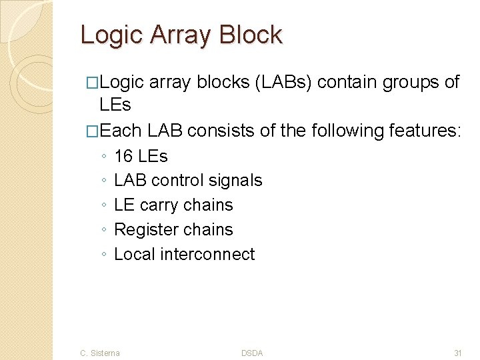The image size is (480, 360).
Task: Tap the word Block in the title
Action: (251, 35)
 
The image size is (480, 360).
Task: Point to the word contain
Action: (347, 82)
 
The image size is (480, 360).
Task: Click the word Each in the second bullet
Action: (121, 131)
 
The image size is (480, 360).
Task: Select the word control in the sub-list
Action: (180, 181)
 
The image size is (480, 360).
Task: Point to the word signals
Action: (237, 181)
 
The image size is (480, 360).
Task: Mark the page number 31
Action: (457, 353)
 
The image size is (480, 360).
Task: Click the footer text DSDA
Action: (252, 353)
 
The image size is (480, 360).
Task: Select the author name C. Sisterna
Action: (100, 353)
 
